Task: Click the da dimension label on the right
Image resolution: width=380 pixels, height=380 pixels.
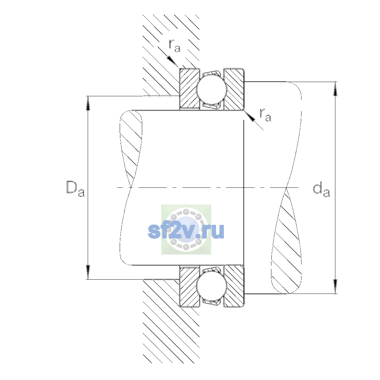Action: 321,190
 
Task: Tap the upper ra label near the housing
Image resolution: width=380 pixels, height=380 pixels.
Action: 174,46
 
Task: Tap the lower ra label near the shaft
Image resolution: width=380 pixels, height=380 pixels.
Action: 265,115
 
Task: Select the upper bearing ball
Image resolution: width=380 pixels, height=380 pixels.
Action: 212,89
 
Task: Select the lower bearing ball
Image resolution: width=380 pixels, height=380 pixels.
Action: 212,286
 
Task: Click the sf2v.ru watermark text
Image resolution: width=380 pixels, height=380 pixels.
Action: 186,231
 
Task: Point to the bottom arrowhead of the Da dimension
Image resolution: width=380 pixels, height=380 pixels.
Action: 88,272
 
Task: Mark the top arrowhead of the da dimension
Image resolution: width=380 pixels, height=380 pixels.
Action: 335,89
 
